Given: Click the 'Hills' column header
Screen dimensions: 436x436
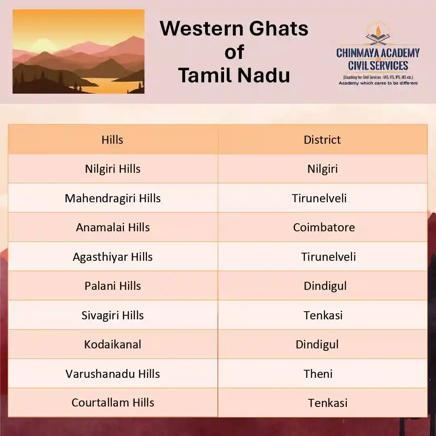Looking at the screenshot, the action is (112, 140).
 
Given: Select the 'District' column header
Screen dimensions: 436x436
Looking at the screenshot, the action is (322, 140).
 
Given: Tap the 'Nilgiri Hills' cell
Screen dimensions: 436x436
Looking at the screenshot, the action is (113, 169).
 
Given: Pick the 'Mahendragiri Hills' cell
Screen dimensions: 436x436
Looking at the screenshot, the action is (113, 198).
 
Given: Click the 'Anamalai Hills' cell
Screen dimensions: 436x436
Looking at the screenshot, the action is (113, 227).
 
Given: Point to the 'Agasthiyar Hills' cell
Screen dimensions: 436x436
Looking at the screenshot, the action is (113, 257).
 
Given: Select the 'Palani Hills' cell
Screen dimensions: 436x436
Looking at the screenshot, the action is (113, 286).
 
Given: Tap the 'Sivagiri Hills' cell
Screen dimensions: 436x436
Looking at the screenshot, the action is (113, 315).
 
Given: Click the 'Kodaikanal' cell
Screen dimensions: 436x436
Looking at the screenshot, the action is (113, 344).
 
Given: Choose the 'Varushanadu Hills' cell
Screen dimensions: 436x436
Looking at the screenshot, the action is (113, 374).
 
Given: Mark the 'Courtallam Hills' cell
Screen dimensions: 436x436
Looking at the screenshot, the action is (113, 402).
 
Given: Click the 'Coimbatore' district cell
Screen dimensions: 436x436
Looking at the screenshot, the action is (324, 227).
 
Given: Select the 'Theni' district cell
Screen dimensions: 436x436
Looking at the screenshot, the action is (318, 374).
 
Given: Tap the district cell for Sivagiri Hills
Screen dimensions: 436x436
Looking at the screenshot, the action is (323, 315).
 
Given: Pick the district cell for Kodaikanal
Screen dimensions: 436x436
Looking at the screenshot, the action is (317, 345).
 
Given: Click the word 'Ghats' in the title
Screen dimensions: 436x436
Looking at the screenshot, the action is (278, 28).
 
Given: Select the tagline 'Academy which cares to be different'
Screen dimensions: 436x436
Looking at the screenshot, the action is (378, 83).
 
